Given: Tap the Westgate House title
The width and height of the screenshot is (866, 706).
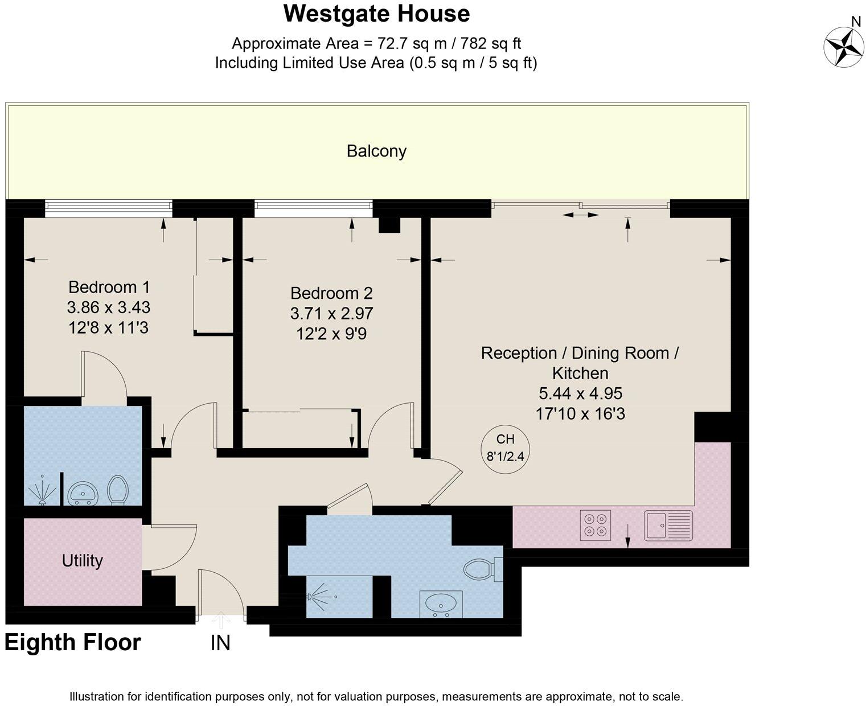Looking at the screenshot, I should pyautogui.click(x=376, y=14).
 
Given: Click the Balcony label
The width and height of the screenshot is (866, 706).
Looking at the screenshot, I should pyautogui.click(x=376, y=151).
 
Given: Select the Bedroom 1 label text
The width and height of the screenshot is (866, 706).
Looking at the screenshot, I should pyautogui.click(x=109, y=286).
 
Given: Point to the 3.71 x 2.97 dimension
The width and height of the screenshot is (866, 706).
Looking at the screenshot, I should pyautogui.click(x=331, y=313).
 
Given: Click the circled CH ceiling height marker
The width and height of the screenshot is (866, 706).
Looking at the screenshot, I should pyautogui.click(x=505, y=448).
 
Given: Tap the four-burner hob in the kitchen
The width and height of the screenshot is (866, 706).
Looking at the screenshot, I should pyautogui.click(x=596, y=525).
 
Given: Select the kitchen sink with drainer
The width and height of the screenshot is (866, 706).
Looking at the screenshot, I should pyautogui.click(x=668, y=525).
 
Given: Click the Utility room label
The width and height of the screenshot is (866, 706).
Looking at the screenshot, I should pyautogui.click(x=83, y=561).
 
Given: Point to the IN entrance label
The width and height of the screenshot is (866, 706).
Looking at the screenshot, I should pyautogui.click(x=220, y=643).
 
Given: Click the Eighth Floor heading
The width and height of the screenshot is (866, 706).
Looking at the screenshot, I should pyautogui.click(x=73, y=642).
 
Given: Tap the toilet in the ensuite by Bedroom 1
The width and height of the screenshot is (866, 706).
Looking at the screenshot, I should pyautogui.click(x=118, y=490).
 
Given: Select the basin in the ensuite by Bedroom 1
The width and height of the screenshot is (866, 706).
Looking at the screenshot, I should pyautogui.click(x=83, y=493).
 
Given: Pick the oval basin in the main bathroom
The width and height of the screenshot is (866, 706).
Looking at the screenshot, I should pyautogui.click(x=441, y=603).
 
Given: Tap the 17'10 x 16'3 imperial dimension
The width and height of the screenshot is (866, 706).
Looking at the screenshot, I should pyautogui.click(x=580, y=413).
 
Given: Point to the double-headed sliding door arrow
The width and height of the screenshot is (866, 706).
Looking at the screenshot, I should pyautogui.click(x=580, y=215).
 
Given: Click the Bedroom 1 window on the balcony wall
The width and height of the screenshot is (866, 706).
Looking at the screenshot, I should pyautogui.click(x=108, y=208).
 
